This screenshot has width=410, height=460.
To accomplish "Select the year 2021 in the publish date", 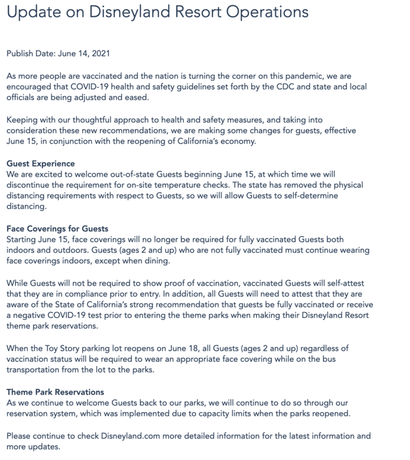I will (98, 54).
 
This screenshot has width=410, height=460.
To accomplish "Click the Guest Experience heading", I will (40, 164).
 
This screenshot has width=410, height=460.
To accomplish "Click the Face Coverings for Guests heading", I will (57, 228).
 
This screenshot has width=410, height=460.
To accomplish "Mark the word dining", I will (156, 261).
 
